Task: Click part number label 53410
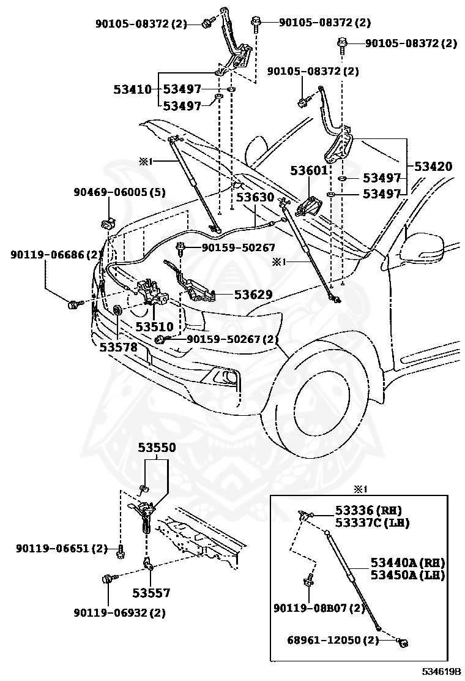pyautogui.click(x=132, y=89)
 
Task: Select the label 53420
pyautogui.click(x=433, y=166)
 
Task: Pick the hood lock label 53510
pyautogui.click(x=154, y=327)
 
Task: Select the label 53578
pyautogui.click(x=118, y=347)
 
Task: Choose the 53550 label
pyautogui.click(x=157, y=448)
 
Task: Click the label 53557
pyautogui.click(x=151, y=593)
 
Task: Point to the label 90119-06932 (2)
pyautogui.click(x=120, y=612)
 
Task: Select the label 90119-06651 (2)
pyautogui.click(x=62, y=549)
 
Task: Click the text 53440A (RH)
pyautogui.click(x=407, y=563)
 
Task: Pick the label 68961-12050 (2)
pyautogui.click(x=333, y=640)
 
